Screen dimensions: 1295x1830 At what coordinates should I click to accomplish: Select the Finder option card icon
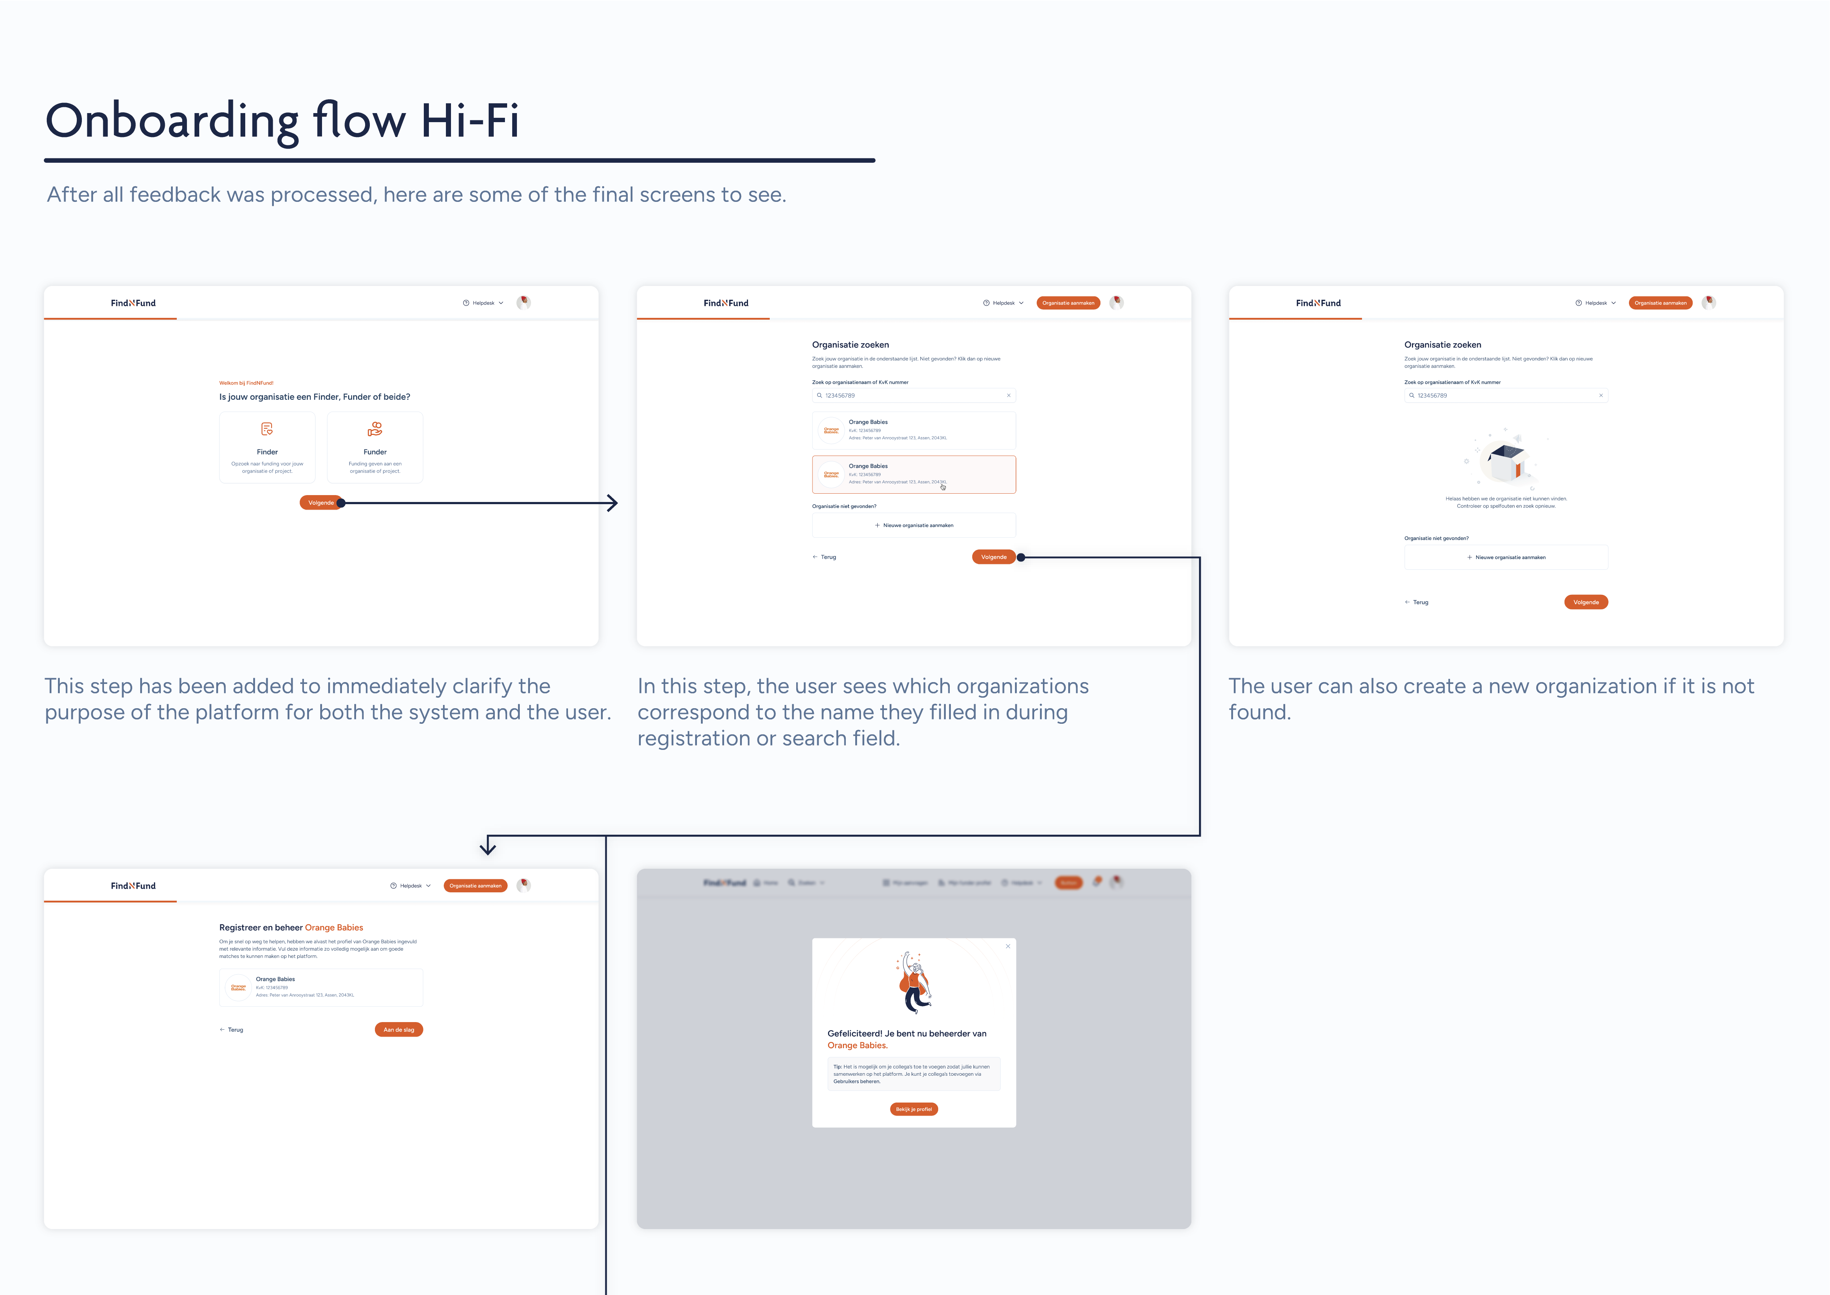point(267,429)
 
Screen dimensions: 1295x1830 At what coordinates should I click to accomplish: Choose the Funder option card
point(375,448)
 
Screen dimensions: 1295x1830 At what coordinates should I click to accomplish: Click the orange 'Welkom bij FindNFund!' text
point(246,383)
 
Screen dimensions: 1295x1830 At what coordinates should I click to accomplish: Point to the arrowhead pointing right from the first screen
point(612,503)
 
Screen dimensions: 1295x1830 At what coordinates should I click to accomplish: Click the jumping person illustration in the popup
point(914,983)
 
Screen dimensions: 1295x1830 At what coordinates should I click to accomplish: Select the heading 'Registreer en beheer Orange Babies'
point(291,927)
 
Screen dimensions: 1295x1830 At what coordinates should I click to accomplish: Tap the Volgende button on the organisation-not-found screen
point(1585,602)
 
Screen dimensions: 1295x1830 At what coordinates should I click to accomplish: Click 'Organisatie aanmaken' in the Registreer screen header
point(475,886)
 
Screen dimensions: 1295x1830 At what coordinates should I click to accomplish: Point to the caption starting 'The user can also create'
point(1491,698)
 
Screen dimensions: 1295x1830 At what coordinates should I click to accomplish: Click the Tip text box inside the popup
point(914,1074)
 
